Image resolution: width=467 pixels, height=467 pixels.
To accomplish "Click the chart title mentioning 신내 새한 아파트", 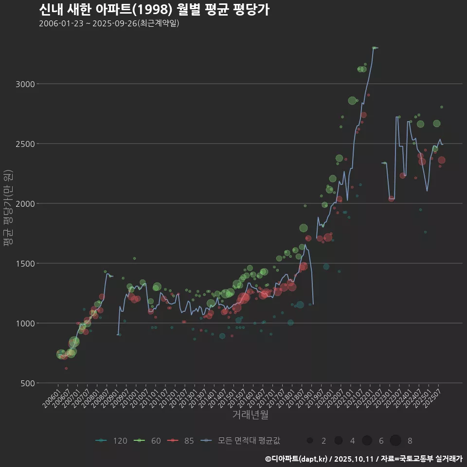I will click(154, 10).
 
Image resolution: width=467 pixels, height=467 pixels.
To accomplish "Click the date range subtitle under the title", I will click(109, 23).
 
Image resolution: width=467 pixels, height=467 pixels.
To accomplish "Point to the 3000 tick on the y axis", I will click(26, 84).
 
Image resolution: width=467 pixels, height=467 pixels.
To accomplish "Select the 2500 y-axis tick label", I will click(26, 144).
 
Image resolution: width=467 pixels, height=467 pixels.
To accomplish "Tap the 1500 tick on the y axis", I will click(26, 263).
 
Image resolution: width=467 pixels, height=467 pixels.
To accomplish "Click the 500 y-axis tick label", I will click(28, 383).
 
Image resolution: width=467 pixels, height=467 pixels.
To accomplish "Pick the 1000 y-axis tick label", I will click(26, 323).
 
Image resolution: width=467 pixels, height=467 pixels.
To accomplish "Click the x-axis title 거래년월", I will click(250, 414).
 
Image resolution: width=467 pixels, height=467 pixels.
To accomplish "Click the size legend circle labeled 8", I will click(395, 441).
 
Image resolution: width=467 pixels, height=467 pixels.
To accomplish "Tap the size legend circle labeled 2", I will click(310, 441).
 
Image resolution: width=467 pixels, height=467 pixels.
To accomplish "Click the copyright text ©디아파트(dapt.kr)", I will click(298, 459).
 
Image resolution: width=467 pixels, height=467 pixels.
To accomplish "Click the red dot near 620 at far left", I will click(66, 368).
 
